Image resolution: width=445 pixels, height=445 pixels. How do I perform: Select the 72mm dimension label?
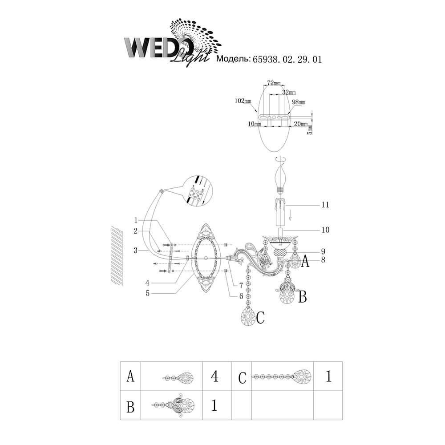tap(274, 84)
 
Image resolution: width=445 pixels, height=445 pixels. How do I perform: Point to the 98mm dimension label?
tap(299, 102)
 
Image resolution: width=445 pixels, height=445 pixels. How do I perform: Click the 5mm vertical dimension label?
tap(310, 129)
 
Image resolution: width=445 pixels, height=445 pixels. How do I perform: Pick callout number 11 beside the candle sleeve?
tap(325, 205)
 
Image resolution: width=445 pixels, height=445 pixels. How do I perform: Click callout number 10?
tap(325, 230)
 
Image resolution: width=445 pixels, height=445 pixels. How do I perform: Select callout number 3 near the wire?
tap(135, 251)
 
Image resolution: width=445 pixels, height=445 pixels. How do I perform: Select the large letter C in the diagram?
tap(260, 318)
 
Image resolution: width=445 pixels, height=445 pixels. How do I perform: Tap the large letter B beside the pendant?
tap(302, 297)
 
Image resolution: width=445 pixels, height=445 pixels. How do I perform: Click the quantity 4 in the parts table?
tap(214, 377)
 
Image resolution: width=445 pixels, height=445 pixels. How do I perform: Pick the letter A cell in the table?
tap(130, 377)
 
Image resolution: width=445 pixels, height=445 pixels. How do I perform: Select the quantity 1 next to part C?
tap(329, 377)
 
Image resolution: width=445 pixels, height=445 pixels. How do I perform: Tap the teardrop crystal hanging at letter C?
tap(247, 317)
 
